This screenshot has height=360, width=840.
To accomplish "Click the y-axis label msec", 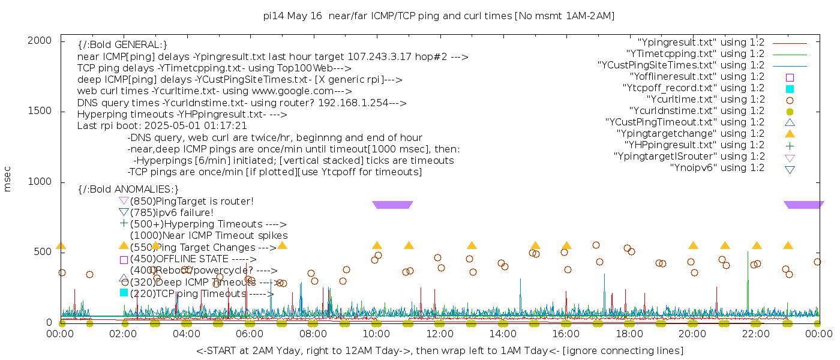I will [x=8, y=181].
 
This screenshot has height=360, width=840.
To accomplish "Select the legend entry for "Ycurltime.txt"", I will [x=705, y=100].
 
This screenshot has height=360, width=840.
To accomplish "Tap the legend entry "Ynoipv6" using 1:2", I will [x=717, y=168].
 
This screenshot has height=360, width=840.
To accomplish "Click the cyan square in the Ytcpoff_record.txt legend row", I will [x=790, y=89].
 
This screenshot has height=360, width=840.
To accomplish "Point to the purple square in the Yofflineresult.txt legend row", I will [x=790, y=77].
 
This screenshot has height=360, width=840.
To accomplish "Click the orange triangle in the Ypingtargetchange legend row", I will [x=790, y=134].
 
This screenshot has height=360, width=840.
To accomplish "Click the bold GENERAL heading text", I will [x=122, y=45].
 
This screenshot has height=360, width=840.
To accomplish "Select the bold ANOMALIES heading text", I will [x=128, y=190].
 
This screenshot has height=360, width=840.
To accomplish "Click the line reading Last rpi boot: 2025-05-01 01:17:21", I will [x=162, y=126].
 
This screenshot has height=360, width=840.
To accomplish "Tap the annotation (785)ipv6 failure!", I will [x=172, y=212].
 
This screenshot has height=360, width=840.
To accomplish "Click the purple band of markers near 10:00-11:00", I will [x=392, y=205].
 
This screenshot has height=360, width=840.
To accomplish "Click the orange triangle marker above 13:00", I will [x=472, y=245].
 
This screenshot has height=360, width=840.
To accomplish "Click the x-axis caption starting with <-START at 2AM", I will [x=439, y=350].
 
